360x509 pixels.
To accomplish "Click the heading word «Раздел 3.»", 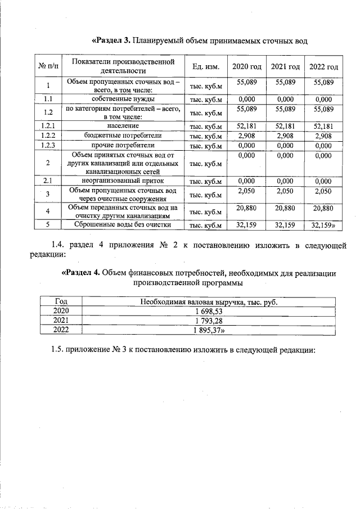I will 111,41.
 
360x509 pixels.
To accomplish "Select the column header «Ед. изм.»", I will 205,67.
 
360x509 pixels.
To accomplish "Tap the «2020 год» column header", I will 247,67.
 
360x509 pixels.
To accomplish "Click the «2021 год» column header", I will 285,67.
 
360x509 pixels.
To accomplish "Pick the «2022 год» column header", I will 323,67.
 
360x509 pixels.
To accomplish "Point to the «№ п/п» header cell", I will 48,67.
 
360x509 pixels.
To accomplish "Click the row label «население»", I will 123,125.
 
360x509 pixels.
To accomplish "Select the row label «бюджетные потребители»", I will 123,136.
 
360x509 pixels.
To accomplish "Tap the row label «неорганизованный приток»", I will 123,181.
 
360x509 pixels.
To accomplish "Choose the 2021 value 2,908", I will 285,136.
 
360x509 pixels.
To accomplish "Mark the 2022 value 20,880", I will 323,208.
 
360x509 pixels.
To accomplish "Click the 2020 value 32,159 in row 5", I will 247,225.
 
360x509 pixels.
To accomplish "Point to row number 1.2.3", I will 48,145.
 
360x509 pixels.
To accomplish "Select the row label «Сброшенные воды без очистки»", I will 123,225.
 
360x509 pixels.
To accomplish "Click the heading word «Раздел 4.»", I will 80,273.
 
